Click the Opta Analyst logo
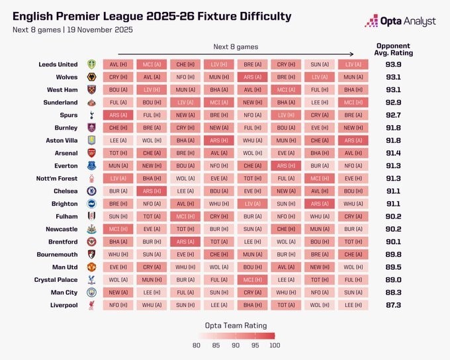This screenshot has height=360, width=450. (400, 21)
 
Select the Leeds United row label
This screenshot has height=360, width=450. (58, 64)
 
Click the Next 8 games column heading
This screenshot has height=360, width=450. (236, 47)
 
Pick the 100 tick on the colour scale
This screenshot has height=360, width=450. (274, 344)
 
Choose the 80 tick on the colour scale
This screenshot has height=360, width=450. (197, 344)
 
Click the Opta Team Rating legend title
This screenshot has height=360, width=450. (235, 325)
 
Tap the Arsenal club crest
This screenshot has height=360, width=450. (92, 153)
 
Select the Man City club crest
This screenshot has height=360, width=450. (92, 292)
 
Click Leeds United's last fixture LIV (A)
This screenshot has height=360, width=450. (354, 64)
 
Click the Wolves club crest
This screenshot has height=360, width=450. (92, 77)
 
